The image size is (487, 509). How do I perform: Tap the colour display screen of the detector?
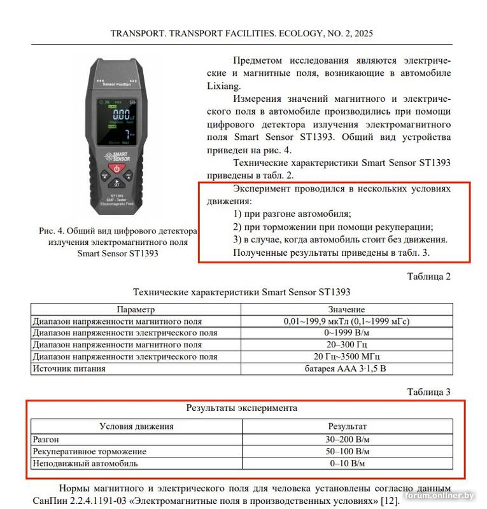click(116, 122)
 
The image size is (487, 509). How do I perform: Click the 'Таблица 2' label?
click(428, 276)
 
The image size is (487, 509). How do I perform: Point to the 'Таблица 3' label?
click(428, 392)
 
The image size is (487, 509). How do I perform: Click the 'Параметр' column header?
click(136, 309)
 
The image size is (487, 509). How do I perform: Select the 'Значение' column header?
click(346, 309)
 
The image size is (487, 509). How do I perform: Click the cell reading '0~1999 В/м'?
click(346, 333)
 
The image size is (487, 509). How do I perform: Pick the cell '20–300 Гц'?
click(346, 345)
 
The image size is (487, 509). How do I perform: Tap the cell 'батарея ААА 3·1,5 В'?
click(346, 368)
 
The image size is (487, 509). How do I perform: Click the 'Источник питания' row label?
click(69, 368)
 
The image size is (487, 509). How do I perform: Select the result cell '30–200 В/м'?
click(347, 439)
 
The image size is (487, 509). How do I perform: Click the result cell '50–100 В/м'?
click(347, 451)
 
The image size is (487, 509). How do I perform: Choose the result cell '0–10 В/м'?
click(347, 463)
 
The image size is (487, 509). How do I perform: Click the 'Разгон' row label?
click(46, 439)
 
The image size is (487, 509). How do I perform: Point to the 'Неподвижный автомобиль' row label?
click(85, 463)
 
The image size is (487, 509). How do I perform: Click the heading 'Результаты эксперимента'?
click(241, 408)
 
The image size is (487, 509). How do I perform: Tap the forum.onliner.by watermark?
click(440, 496)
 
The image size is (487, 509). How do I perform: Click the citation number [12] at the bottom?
click(388, 501)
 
